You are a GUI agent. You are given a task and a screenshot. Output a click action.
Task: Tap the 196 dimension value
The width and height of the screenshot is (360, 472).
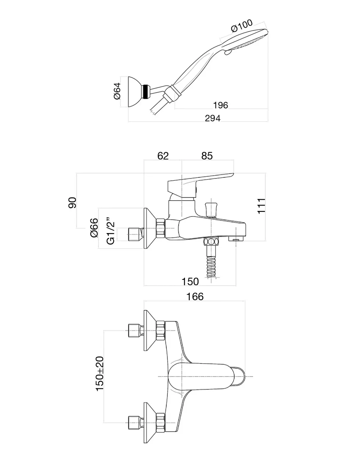pyautogui.click(x=220, y=105)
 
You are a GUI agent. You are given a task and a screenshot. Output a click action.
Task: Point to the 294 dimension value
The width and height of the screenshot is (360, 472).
pyautogui.click(x=213, y=118)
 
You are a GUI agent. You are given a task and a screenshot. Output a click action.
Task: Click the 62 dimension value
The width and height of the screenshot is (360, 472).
pyautogui.click(x=163, y=156)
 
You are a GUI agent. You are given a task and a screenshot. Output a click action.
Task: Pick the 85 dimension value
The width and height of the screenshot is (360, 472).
pyautogui.click(x=207, y=156)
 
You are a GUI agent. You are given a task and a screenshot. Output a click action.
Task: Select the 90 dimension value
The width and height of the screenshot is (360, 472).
pyautogui.click(x=72, y=202)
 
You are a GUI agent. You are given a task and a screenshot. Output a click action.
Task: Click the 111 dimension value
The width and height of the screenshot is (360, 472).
pyautogui.click(x=261, y=206)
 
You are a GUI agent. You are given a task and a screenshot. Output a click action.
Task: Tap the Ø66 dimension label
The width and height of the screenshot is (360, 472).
pyautogui.click(x=94, y=228)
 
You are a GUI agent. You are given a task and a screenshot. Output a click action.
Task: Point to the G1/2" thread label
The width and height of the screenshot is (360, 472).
pyautogui.click(x=111, y=232)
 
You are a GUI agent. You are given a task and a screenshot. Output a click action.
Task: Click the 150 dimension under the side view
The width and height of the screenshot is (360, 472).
pyautogui.click(x=190, y=282)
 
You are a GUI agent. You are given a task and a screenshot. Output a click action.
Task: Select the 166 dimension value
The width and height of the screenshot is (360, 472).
pyautogui.click(x=195, y=296)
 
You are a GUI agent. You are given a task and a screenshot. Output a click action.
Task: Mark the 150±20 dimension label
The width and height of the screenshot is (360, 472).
pyautogui.click(x=99, y=374)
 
